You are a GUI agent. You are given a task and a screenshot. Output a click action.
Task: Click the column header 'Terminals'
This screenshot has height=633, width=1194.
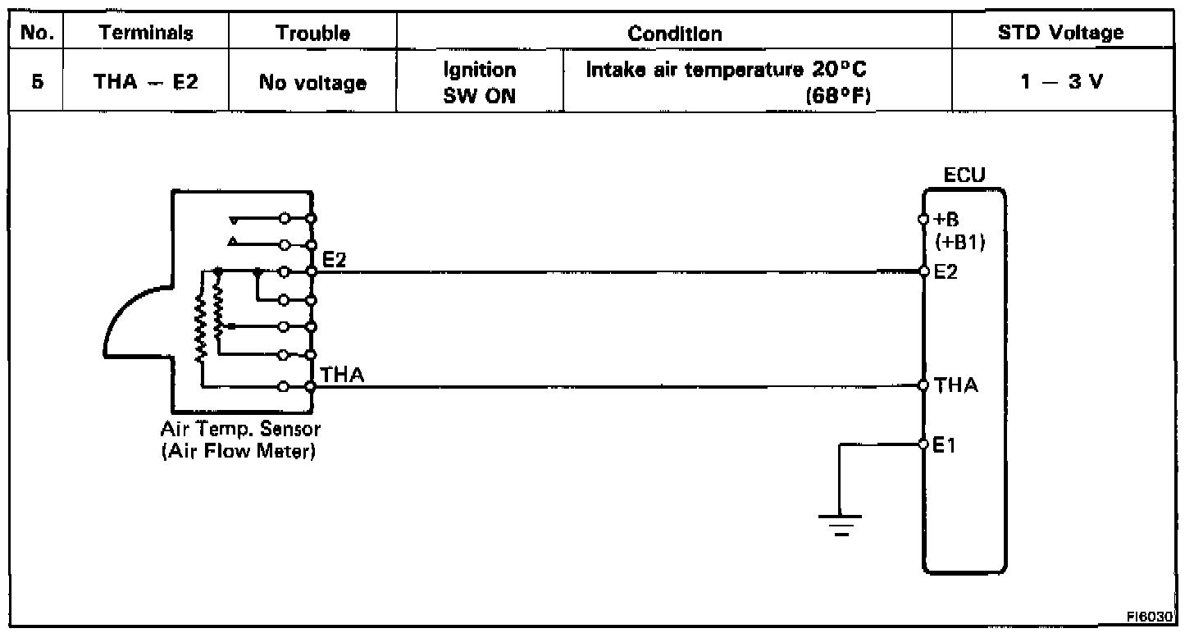pos(147,34)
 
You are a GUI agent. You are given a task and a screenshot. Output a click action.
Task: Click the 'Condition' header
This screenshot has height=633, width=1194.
pos(674,34)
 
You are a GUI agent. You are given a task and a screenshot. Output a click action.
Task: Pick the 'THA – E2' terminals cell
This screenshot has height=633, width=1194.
pos(147,82)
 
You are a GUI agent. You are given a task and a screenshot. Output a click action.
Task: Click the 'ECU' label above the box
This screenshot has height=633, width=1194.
pos(964,175)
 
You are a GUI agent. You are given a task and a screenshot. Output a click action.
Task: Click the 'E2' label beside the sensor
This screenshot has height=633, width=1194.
pos(335,260)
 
